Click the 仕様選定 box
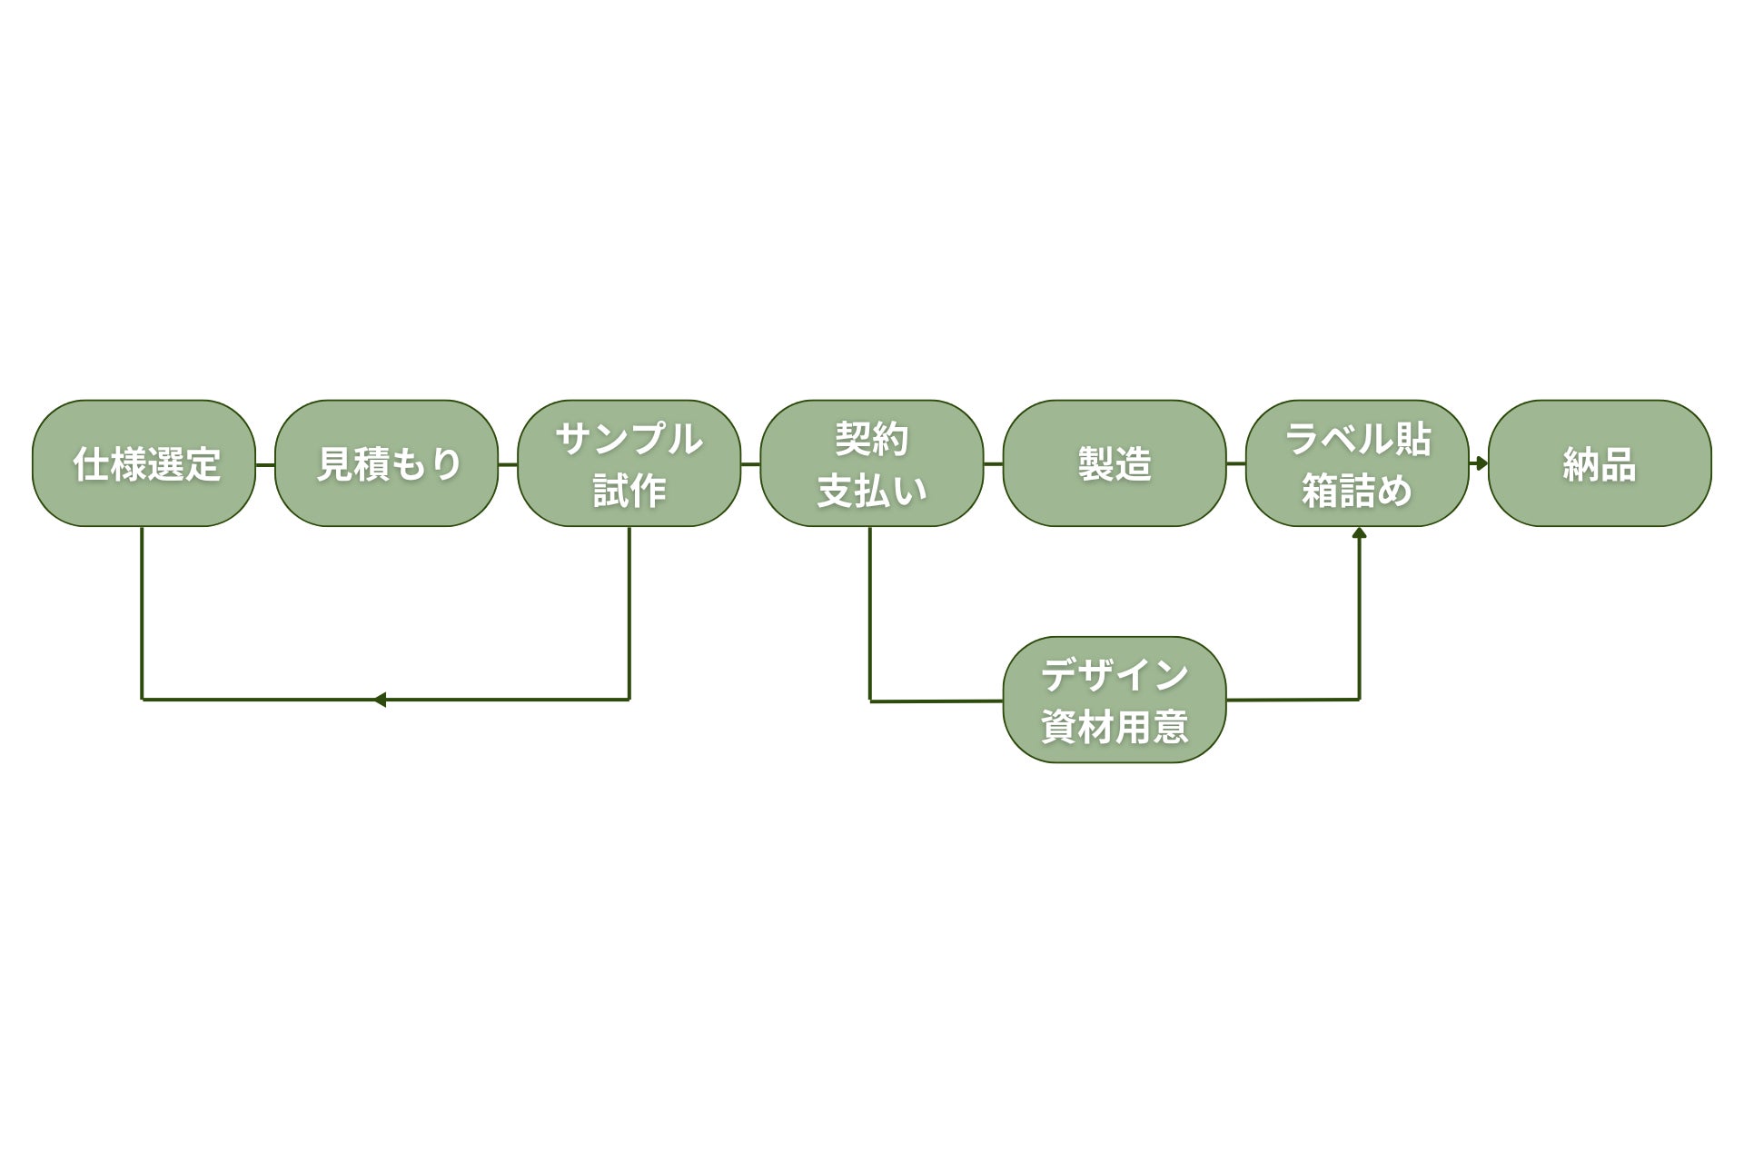tap(144, 463)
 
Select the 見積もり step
tap(386, 463)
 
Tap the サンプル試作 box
tap(629, 463)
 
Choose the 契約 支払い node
tap(871, 463)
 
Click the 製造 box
tap(1115, 463)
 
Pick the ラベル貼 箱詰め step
tap(1357, 463)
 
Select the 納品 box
tap(1600, 463)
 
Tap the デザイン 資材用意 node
tap(1115, 700)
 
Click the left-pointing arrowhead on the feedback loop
tap(380, 700)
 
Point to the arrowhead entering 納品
tap(1481, 463)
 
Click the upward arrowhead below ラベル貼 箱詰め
tap(1359, 533)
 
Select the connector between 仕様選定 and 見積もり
tap(265, 464)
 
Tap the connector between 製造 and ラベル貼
tap(1235, 463)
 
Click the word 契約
tap(871, 440)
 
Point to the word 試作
tap(629, 491)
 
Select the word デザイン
tap(1115, 675)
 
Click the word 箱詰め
tap(1357, 491)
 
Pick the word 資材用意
tap(1115, 727)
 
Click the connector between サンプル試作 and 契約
tap(750, 463)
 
